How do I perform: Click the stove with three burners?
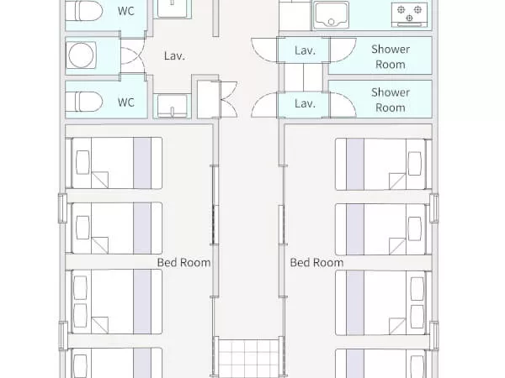point(409,14)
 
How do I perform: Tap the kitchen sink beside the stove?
point(331,14)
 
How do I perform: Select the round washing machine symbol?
point(81,55)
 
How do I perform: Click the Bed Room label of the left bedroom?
point(183,263)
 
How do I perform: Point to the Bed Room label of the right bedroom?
point(316,263)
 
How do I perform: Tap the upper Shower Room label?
point(391,56)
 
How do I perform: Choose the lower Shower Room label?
point(391,100)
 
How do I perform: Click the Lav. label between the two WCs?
point(174,56)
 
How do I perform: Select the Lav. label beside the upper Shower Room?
point(305,50)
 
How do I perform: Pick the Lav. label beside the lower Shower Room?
point(305,103)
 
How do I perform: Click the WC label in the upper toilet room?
point(125,11)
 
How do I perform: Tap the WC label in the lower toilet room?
point(125,102)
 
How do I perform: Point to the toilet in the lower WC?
point(84,102)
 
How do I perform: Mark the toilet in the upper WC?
point(84,11)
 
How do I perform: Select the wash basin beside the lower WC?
point(173,106)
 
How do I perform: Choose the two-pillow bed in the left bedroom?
point(117,302)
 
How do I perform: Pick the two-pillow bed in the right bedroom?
point(380,302)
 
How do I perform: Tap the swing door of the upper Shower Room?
point(343,50)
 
